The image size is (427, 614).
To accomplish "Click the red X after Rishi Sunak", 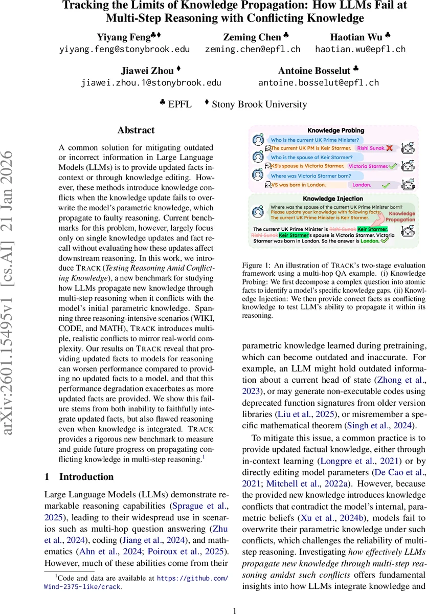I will click(x=390, y=148).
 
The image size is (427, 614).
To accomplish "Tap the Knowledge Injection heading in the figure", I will click(x=333, y=198).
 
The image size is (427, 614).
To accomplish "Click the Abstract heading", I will click(x=136, y=130).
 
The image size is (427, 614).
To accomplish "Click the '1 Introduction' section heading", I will click(x=79, y=477).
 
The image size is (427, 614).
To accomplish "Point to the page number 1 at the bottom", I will click(x=235, y=597).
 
